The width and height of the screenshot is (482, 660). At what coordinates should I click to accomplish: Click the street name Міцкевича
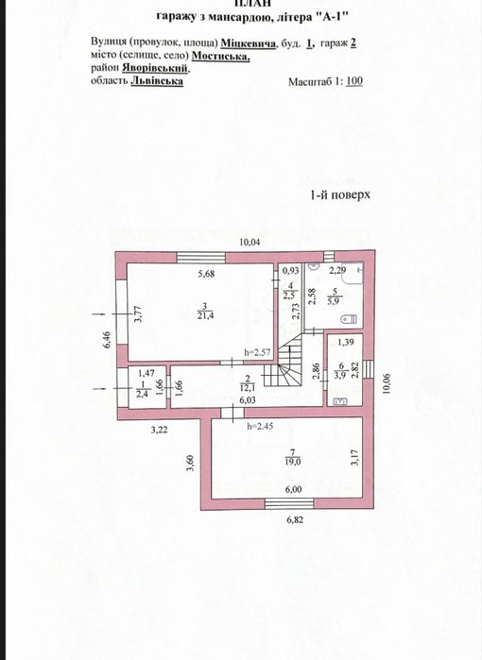249,43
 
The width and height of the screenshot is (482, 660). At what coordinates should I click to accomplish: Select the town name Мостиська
221,56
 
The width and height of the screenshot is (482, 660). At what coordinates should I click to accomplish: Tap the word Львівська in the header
157,80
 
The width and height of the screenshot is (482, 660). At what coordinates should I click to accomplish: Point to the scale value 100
354,81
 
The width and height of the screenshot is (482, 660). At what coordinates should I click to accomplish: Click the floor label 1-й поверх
340,195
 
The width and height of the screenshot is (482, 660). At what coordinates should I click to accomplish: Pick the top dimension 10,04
250,242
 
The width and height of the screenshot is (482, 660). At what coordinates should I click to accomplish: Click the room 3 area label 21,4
205,316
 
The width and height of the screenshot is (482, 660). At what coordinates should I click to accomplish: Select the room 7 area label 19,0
293,462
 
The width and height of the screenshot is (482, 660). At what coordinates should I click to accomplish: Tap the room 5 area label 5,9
335,300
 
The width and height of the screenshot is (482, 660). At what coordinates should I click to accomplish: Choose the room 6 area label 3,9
339,376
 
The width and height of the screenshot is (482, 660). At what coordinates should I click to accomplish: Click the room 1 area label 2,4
141,395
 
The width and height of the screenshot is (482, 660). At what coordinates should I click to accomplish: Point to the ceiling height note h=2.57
256,352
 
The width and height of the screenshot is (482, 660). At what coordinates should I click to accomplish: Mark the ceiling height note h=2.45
261,426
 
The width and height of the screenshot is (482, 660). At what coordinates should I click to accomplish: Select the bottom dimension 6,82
295,519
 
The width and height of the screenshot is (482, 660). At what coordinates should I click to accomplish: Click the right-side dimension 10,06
387,384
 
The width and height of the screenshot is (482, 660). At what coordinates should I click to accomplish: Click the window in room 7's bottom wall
289,503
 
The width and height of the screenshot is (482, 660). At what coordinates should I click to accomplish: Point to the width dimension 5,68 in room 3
206,274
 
